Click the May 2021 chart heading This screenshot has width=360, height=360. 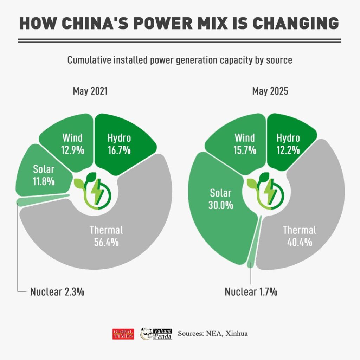click(90, 91)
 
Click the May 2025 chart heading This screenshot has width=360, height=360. click(270, 91)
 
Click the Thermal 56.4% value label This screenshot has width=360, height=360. click(106, 242)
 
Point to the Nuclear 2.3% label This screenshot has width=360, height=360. click(57, 291)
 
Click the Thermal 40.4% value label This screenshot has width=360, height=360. click(300, 242)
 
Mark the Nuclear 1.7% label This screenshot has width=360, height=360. click(251, 291)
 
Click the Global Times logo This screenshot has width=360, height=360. click(123, 334)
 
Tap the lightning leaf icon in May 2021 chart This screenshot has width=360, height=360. click(92, 190)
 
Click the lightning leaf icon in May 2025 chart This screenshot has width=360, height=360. click(265, 190)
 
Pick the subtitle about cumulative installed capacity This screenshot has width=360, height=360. click(180, 60)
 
